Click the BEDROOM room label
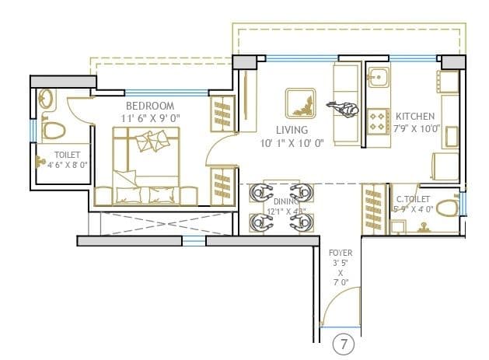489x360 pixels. tap(151, 106)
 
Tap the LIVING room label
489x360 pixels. tap(291, 130)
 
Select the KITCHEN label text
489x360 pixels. tap(414, 116)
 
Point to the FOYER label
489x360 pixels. tap(340, 253)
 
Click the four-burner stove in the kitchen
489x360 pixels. tap(379, 121)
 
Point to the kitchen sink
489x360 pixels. tap(379, 78)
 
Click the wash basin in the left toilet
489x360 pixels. tap(47, 99)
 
